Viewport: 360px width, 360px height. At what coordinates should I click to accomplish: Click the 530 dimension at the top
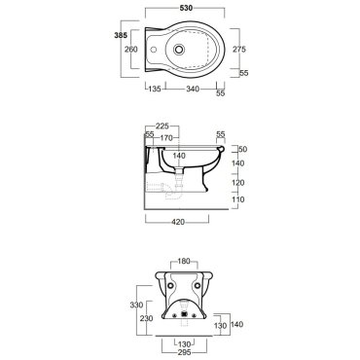pos(186,8)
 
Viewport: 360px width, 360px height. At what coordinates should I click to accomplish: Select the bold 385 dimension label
pos(121,35)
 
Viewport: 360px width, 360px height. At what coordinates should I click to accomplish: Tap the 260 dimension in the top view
pos(131,50)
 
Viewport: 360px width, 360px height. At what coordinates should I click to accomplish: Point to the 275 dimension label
pos(239,49)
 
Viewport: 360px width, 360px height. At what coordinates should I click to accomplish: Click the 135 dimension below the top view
pos(155,89)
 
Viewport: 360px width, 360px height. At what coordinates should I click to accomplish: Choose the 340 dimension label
pos(193,89)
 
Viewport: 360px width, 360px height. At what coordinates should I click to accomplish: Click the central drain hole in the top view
pos(179,50)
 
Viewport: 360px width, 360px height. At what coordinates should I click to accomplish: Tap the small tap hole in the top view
pos(154,51)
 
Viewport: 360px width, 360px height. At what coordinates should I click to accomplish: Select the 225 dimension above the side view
pos(162,126)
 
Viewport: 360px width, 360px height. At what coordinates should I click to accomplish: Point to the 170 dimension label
pos(166,138)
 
